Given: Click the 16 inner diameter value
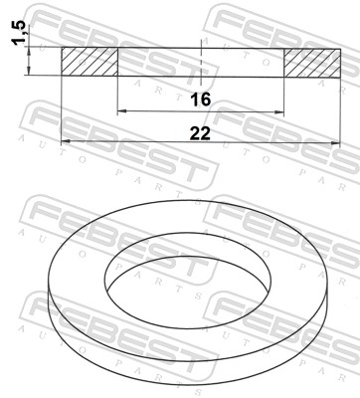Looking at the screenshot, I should click(x=201, y=99).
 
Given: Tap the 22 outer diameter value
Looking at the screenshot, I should click(x=201, y=131).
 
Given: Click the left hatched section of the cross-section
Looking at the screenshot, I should click(x=90, y=62).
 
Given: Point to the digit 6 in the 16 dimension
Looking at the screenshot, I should click(x=208, y=99).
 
